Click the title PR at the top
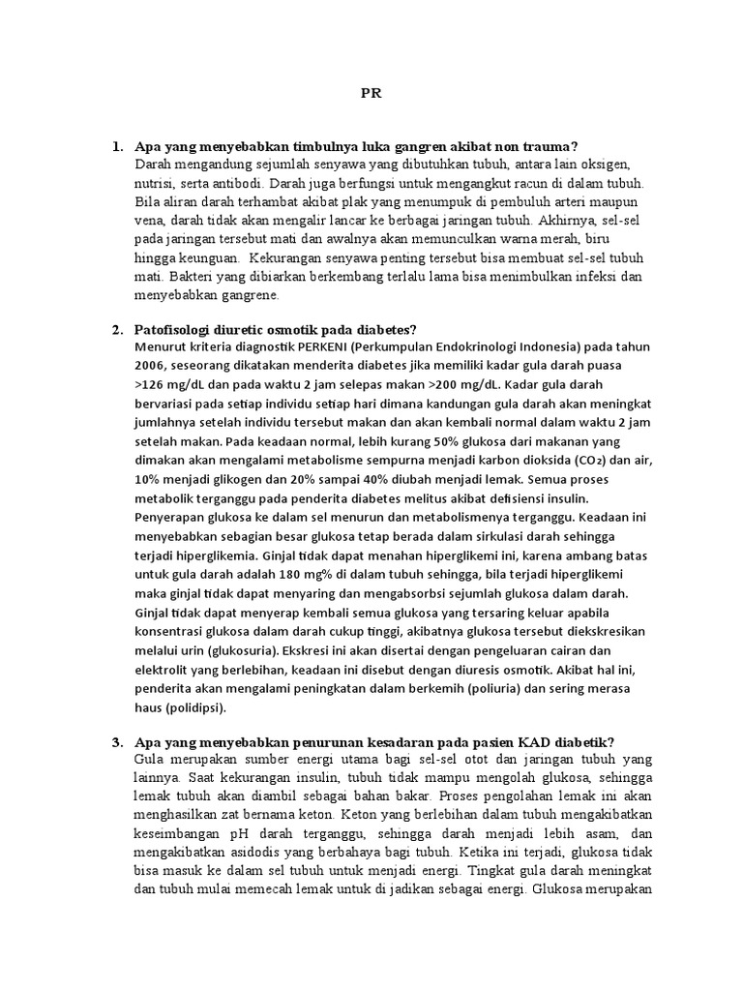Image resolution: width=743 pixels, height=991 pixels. [371, 94]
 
